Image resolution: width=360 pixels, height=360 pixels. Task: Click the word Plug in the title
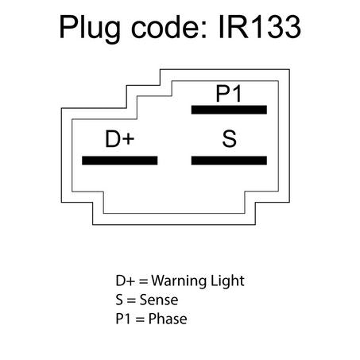click(x=90, y=29)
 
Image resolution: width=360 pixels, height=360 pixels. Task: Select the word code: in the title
click(x=169, y=26)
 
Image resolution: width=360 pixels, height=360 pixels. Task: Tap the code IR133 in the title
click(x=260, y=26)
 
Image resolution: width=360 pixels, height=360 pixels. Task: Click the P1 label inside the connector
click(x=229, y=93)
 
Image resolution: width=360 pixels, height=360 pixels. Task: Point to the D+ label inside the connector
click(x=120, y=138)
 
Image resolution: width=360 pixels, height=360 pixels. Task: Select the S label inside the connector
click(x=229, y=138)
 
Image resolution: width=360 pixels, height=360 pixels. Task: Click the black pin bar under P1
click(x=229, y=110)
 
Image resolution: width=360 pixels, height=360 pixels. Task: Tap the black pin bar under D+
click(x=120, y=161)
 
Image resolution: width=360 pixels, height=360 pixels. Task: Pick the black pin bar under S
click(x=229, y=161)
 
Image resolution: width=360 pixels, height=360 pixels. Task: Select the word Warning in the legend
click(x=178, y=281)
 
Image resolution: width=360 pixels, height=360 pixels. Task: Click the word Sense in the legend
click(x=159, y=300)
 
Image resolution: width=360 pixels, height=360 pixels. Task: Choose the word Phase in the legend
click(x=168, y=319)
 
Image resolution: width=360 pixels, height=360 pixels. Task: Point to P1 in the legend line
click(x=123, y=319)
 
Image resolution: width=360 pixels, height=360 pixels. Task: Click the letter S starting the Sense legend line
click(x=119, y=300)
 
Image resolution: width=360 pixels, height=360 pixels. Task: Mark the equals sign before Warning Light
click(x=143, y=281)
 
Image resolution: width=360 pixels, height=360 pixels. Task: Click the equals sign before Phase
click(x=140, y=319)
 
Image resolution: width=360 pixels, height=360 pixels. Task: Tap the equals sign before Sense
click(x=131, y=300)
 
